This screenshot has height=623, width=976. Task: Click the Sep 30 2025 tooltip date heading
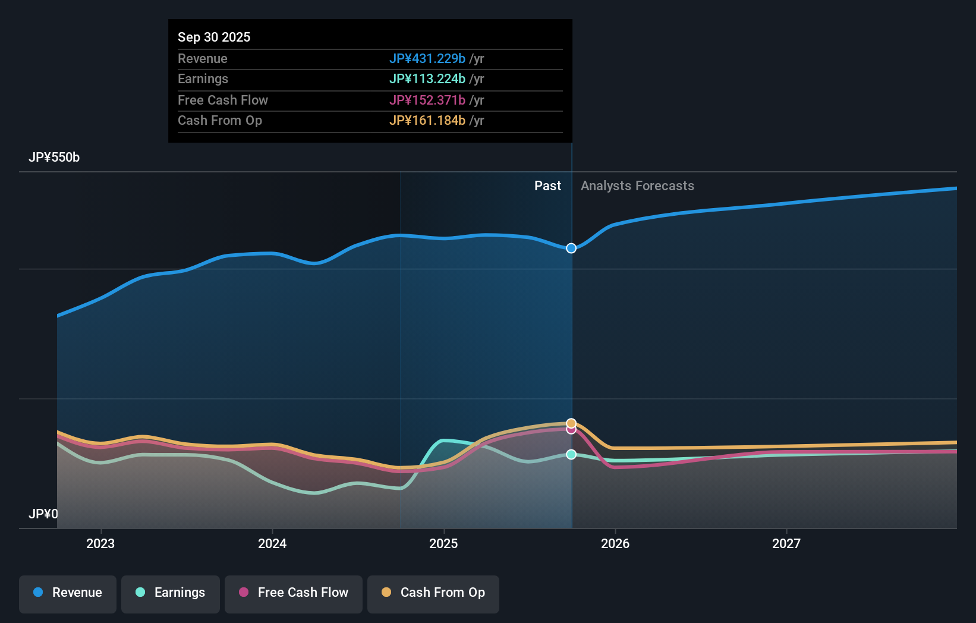(214, 37)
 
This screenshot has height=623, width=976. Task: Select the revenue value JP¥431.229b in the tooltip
(427, 58)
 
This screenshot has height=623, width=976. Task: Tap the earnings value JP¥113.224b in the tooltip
(427, 78)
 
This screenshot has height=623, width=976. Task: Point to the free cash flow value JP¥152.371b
(427, 100)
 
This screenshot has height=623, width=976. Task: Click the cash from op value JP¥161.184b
(427, 120)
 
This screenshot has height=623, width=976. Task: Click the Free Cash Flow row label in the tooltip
(222, 100)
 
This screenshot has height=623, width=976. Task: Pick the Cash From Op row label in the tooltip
(219, 120)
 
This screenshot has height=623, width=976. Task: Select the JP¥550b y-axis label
(53, 157)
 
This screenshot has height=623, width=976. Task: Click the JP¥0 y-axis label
(43, 514)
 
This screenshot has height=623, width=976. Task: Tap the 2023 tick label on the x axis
(100, 543)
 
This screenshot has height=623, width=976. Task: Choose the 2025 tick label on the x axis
(443, 543)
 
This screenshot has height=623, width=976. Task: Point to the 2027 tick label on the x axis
(786, 543)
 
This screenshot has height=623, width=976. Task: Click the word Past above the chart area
(547, 185)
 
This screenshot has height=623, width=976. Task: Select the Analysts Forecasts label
(637, 185)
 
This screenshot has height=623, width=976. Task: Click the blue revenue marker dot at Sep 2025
(571, 248)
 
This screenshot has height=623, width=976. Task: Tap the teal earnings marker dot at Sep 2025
(571, 454)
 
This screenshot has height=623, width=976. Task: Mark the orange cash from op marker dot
(571, 423)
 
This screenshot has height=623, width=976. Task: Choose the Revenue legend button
(68, 593)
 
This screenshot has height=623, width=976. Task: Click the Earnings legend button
(170, 593)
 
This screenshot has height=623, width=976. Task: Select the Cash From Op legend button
(433, 593)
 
